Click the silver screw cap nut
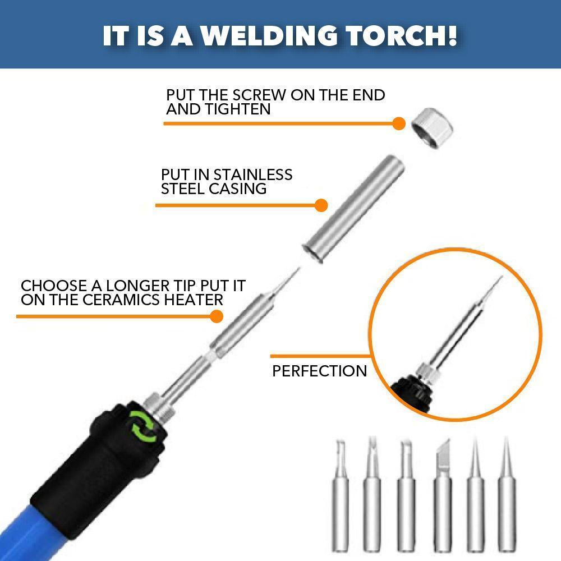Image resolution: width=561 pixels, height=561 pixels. coord(432,127)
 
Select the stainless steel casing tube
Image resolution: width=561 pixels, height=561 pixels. coord(353,209)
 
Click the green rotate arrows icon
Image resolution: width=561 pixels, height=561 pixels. coord(143,426)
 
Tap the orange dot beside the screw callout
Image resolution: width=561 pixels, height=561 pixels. coord(398,124)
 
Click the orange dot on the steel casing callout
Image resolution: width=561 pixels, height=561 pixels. coord(321,205)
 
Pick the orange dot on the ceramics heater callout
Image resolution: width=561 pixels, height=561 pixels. coord(217,316)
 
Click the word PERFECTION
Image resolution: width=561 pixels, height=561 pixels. coord(320,371)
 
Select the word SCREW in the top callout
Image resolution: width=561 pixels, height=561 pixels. coord(259,95)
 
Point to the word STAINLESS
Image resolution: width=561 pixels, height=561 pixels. coord(253,175)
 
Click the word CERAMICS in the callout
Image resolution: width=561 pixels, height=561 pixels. coord(121,300)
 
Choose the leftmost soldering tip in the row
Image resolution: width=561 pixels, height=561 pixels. coord(341,495)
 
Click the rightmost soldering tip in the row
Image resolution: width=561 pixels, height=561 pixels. coord(507,495)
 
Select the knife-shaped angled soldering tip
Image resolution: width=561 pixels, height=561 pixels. coord(443,495)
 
